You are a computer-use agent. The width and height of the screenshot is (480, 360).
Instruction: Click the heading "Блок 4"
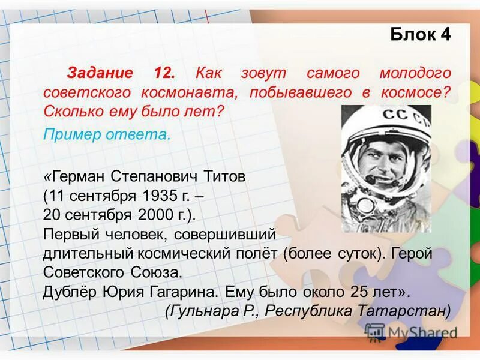(x=420, y=34)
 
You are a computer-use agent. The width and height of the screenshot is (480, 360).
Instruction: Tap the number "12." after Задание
(x=164, y=73)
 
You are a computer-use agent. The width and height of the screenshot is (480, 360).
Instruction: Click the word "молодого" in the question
(x=415, y=73)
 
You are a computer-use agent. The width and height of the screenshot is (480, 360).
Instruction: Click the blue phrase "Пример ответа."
(x=107, y=134)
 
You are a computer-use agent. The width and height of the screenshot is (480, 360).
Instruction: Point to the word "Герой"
(x=412, y=253)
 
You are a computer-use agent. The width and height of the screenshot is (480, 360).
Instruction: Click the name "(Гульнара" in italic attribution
(x=199, y=311)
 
